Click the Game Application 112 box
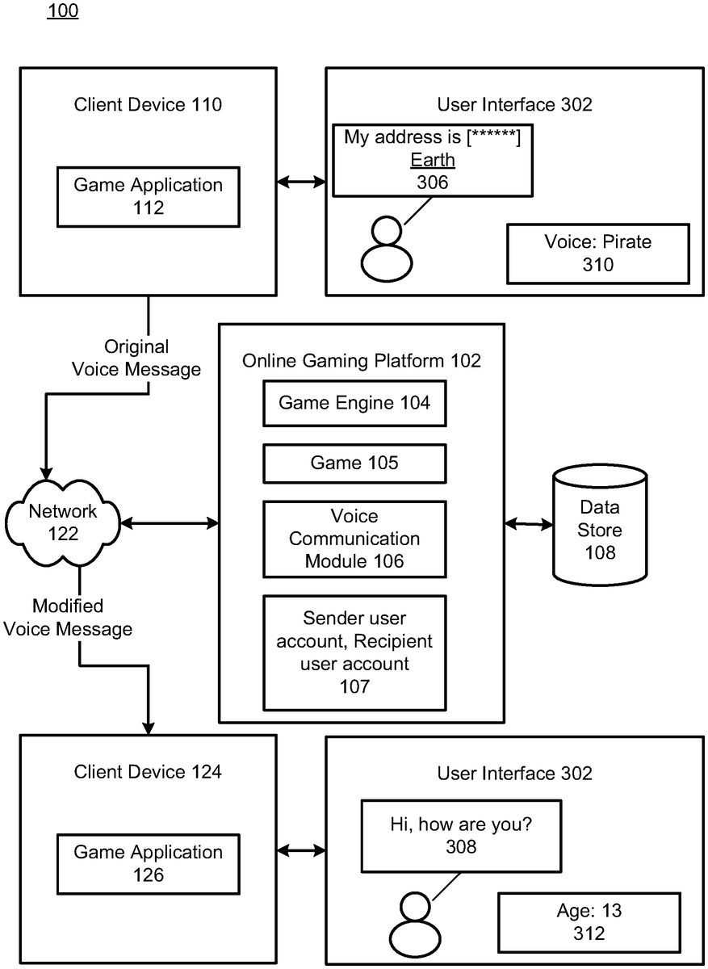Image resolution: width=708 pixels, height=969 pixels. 148,196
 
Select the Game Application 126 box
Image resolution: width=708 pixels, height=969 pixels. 148,863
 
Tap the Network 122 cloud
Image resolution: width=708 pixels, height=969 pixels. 62,522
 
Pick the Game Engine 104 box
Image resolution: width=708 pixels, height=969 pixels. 354,403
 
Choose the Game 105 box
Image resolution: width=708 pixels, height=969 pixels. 354,463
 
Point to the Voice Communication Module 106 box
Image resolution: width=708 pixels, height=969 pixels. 354,538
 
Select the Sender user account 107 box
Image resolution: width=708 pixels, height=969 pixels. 354,652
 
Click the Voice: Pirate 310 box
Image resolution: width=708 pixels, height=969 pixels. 597,254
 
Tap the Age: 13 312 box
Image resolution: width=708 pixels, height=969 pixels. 589,923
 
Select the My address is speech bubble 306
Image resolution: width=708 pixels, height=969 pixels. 432,159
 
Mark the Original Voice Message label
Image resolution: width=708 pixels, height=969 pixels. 136,359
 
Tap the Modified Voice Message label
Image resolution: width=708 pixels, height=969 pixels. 68,618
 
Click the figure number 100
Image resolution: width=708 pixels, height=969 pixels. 62,12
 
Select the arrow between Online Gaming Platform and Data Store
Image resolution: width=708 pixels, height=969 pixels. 529,524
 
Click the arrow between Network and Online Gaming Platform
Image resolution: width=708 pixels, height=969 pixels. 169,524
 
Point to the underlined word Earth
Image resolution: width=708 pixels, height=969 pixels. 432,160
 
